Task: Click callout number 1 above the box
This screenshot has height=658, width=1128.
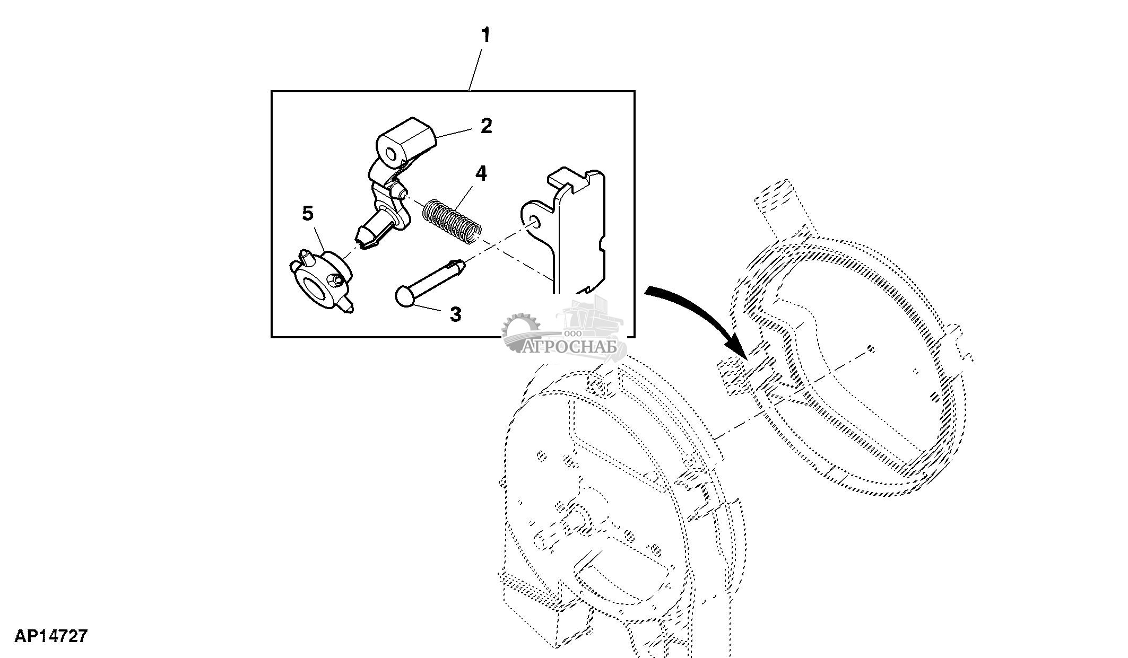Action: tap(485, 36)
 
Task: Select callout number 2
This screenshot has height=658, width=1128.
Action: tap(486, 126)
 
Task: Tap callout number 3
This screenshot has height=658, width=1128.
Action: tap(455, 314)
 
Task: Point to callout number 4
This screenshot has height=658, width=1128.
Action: tap(481, 173)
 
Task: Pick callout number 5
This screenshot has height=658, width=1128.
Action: tap(308, 214)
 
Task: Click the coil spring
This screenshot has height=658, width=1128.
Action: tap(453, 221)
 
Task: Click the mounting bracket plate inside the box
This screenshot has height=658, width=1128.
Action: tap(578, 233)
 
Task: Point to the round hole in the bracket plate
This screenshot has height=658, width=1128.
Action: tap(535, 222)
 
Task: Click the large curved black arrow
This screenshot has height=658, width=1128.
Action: tap(706, 313)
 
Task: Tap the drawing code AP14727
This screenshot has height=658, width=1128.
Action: tap(50, 636)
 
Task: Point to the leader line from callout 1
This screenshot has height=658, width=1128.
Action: tap(476, 69)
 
